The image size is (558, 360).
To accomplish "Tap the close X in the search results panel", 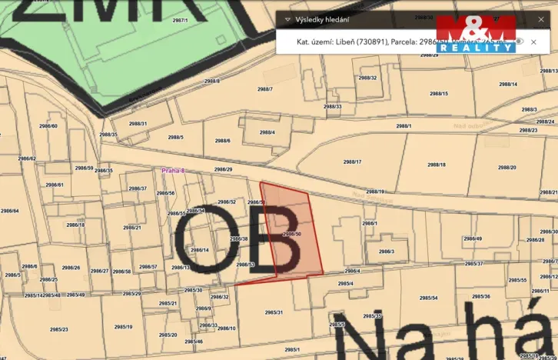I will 533,42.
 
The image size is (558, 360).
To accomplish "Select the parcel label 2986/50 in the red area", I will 292,233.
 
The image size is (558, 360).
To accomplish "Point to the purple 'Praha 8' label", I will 173,170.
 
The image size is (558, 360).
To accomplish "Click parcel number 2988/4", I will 267,132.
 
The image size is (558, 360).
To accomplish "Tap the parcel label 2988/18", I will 437,165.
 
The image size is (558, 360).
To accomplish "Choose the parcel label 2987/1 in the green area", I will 179,21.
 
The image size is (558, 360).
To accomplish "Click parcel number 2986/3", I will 386,251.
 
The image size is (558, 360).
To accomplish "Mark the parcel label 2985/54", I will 428,298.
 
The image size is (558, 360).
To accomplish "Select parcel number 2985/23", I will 58,329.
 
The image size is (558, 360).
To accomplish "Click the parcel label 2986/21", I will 132,228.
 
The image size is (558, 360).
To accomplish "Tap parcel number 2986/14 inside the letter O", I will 200,250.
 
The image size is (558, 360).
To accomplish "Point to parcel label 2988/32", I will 367,78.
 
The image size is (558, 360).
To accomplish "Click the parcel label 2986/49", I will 473,238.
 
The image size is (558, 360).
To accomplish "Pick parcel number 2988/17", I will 352,162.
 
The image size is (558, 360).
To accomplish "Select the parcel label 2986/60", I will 48,125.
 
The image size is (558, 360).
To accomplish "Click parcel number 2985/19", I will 123,327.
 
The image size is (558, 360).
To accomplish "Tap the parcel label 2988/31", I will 138,123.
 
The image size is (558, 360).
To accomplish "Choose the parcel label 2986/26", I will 71,268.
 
